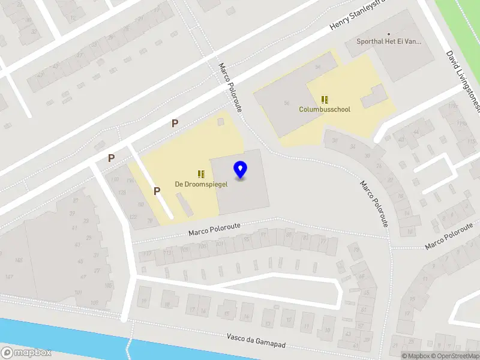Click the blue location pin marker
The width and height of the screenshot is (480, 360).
tap(241, 170)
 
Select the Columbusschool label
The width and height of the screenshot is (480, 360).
tap(325, 110)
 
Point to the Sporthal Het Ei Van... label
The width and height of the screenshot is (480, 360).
tap(389, 42)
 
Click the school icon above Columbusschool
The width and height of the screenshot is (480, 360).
tap(325, 100)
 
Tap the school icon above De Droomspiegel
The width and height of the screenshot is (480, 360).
tap(201, 174)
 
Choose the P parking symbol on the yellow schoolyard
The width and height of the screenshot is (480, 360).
tap(157, 191)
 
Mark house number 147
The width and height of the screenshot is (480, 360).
tap(10, 277)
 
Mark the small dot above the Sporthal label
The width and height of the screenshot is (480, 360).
tap(389, 34)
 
